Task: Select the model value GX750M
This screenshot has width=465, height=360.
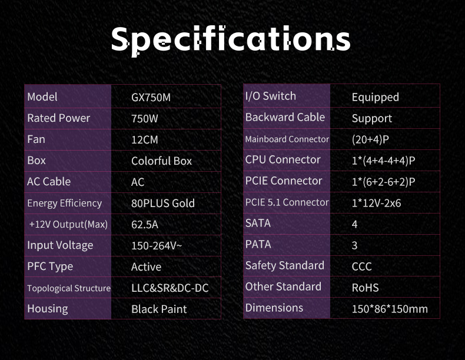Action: click(x=151, y=98)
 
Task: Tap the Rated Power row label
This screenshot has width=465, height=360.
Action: click(x=58, y=118)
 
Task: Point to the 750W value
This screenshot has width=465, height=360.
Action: click(x=145, y=118)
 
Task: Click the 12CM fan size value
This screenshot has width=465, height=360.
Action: click(x=145, y=140)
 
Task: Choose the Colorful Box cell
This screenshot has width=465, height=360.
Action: click(x=162, y=161)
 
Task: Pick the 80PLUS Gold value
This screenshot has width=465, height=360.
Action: click(x=163, y=204)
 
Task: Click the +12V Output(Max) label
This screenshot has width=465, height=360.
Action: click(x=68, y=224)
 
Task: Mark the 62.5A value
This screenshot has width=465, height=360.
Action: click(x=145, y=225)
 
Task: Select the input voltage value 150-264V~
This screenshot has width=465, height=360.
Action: click(x=157, y=246)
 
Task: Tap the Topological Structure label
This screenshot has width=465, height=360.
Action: click(x=69, y=288)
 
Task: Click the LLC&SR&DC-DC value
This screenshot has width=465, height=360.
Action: click(x=170, y=288)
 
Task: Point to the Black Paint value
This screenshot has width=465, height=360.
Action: click(x=159, y=309)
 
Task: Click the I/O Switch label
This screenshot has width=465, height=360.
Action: click(x=270, y=96)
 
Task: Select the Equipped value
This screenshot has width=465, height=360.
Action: click(x=375, y=98)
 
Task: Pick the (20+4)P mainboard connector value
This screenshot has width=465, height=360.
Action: click(x=370, y=139)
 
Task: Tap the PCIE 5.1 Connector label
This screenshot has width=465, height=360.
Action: click(x=287, y=202)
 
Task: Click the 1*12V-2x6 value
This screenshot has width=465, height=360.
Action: click(x=376, y=203)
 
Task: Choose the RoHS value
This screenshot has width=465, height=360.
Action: click(x=365, y=288)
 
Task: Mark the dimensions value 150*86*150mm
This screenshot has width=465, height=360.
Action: click(x=390, y=309)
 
